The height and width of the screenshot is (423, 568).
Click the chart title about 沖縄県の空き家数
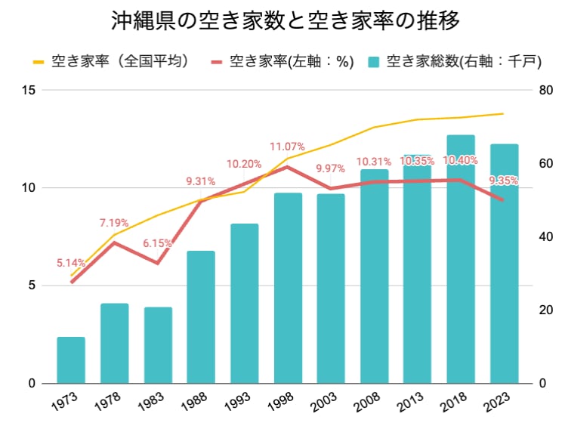(x=284, y=20)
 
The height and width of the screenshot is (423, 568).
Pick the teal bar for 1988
(x=201, y=317)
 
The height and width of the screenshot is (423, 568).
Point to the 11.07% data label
(x=288, y=147)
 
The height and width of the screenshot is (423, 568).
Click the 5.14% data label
(x=71, y=263)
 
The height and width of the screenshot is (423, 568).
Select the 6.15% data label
(x=157, y=243)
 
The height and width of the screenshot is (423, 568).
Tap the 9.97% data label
(x=331, y=168)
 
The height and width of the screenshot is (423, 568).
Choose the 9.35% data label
(x=504, y=180)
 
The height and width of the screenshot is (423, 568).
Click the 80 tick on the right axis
(x=546, y=91)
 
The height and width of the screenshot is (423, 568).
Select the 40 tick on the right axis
(x=546, y=237)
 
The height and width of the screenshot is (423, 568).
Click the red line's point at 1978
(x=114, y=242)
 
